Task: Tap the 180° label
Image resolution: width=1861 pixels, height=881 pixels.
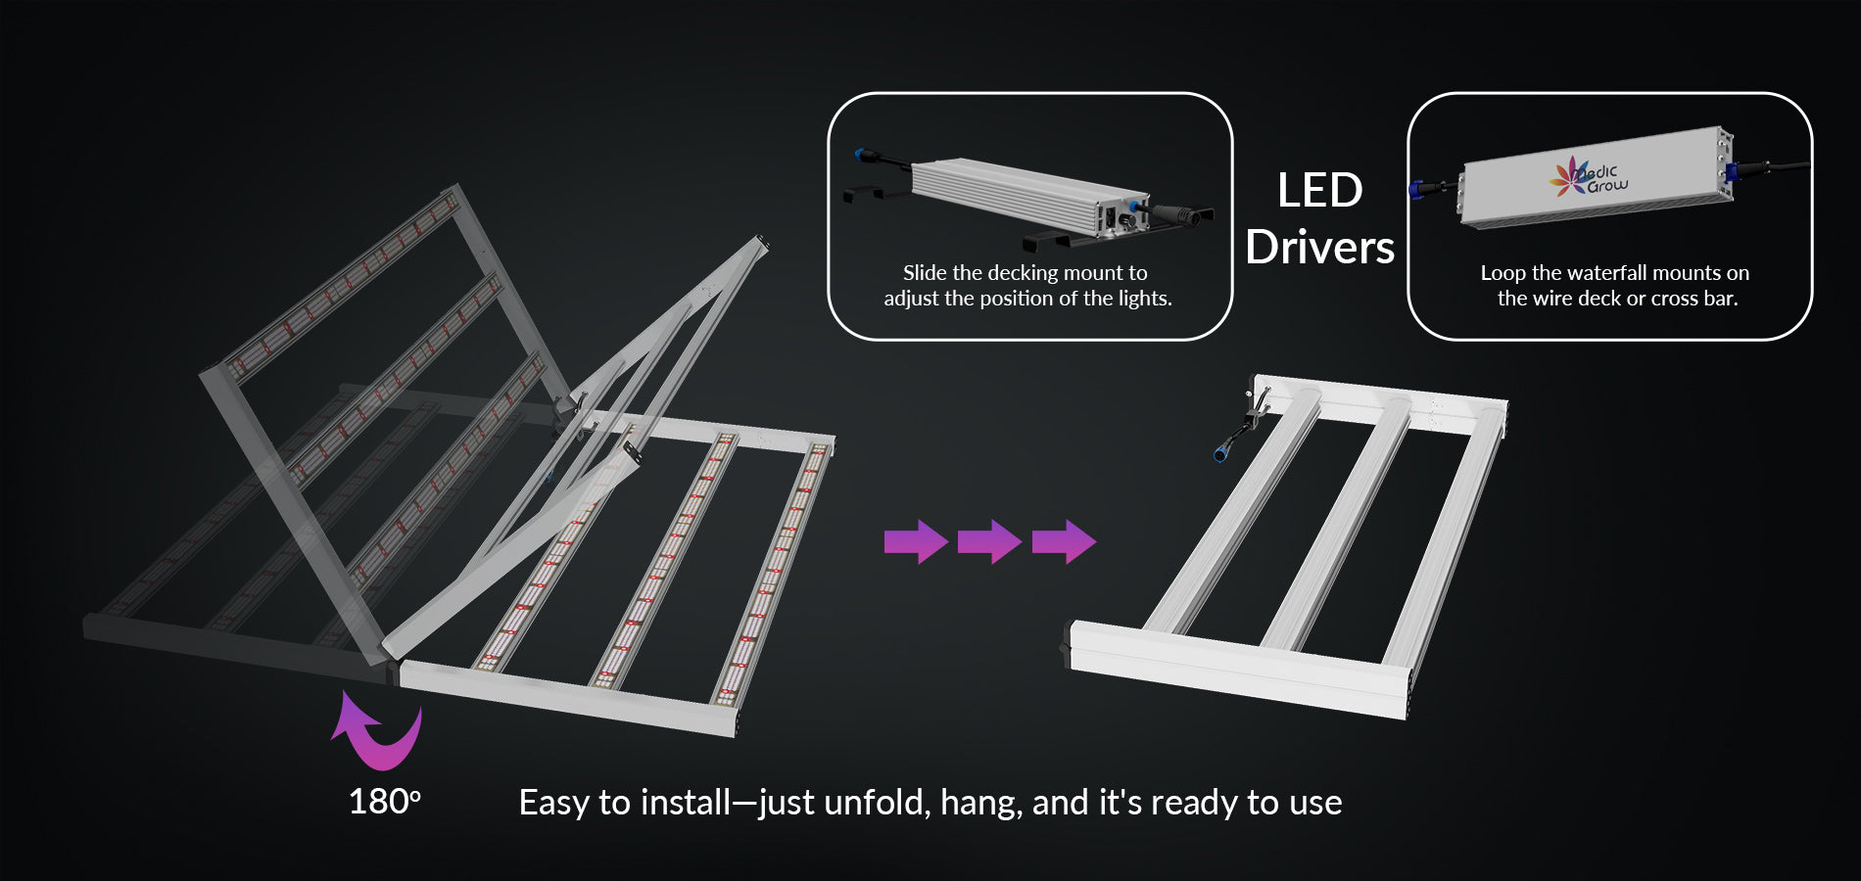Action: pyautogui.click(x=385, y=802)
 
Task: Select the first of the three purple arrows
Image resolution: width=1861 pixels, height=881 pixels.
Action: pyautogui.click(x=916, y=541)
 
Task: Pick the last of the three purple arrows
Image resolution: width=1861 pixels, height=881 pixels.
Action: pyautogui.click(x=1064, y=541)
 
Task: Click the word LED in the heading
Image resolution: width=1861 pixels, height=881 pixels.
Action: pyautogui.click(x=1319, y=190)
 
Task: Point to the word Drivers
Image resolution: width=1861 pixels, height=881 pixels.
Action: pyautogui.click(x=1319, y=247)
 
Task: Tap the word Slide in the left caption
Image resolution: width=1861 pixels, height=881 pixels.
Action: pyautogui.click(x=925, y=272)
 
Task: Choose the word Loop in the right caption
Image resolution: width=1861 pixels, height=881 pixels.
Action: pyautogui.click(x=1503, y=273)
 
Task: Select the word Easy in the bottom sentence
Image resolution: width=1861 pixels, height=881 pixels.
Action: pyautogui.click(x=554, y=804)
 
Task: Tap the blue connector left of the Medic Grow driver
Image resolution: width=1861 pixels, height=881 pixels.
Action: pyautogui.click(x=1415, y=189)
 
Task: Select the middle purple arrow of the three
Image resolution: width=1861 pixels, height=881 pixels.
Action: pyautogui.click(x=989, y=541)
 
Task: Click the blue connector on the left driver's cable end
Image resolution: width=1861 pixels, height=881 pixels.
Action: pyautogui.click(x=864, y=154)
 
